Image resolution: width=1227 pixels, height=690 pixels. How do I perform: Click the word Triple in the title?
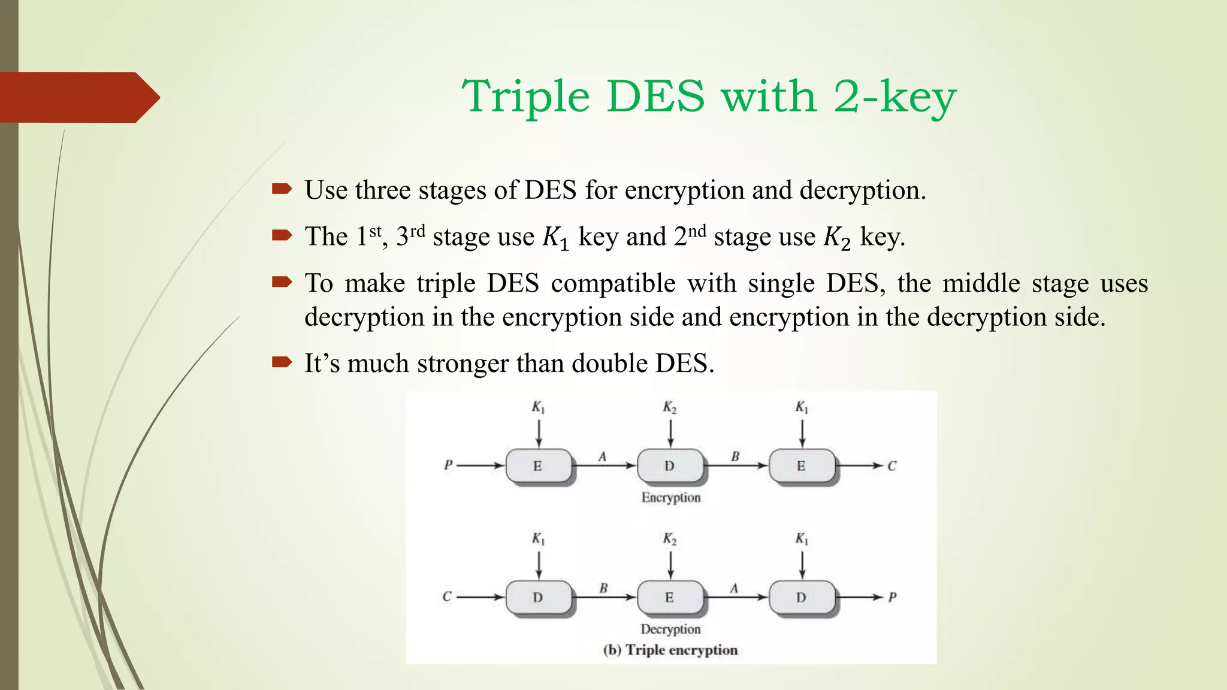(525, 96)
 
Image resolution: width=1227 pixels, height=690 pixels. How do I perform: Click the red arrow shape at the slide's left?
(78, 97)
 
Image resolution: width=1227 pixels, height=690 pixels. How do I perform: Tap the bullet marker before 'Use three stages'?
(282, 190)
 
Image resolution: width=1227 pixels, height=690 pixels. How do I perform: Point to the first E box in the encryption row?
(538, 466)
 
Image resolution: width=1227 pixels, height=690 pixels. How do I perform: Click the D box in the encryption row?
(669, 466)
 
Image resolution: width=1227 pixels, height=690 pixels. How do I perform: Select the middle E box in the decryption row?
(669, 597)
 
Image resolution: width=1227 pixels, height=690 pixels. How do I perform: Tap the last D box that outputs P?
(801, 597)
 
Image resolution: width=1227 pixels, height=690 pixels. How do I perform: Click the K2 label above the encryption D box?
(669, 408)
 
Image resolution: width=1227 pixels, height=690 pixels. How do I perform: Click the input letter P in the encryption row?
(448, 465)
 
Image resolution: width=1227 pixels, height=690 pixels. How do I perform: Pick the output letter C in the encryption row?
(892, 466)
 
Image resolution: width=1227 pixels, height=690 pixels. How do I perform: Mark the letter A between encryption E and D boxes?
(603, 457)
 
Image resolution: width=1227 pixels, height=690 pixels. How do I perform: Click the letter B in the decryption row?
(603, 588)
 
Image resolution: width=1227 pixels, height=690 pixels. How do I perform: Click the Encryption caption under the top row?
(670, 498)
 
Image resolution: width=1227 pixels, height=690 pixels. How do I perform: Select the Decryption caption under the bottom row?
(670, 629)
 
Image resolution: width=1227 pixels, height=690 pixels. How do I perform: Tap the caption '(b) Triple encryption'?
(670, 650)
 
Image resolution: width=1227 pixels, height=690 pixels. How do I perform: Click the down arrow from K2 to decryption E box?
(670, 565)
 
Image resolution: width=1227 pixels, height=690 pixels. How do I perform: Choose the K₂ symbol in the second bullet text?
(837, 238)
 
